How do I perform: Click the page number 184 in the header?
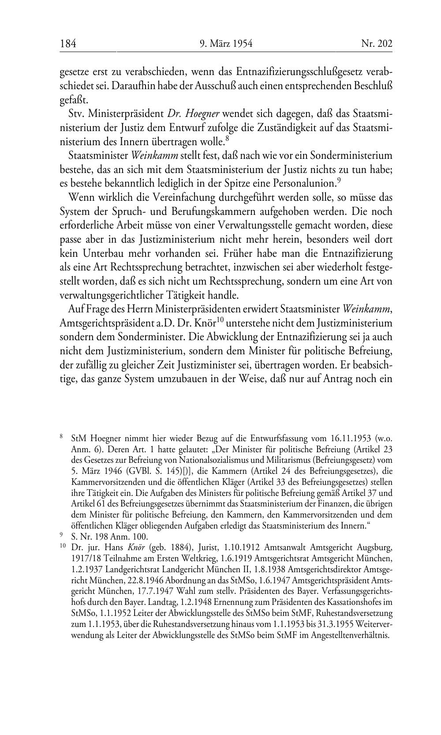[x=68, y=44]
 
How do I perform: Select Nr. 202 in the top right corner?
[x=377, y=44]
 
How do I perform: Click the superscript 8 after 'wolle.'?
[x=227, y=139]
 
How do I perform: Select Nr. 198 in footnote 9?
[x=96, y=536]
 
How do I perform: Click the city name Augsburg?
[x=374, y=547]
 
